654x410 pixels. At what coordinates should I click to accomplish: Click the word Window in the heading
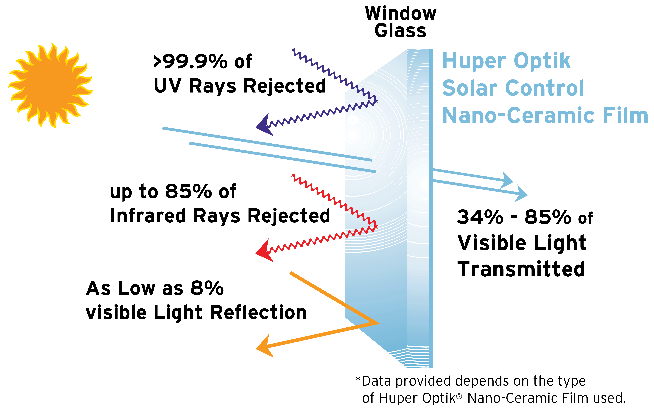click(x=401, y=14)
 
